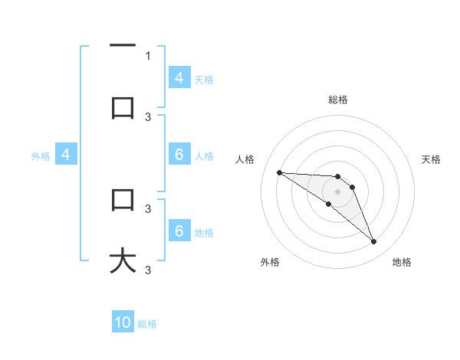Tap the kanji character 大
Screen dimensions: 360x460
click(x=123, y=260)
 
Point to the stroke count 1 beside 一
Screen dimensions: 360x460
click(x=148, y=55)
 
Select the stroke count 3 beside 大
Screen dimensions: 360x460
click(x=148, y=270)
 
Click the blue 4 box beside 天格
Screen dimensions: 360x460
click(x=179, y=77)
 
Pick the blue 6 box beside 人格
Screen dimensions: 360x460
click(x=179, y=154)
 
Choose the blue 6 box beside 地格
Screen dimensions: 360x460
click(x=179, y=231)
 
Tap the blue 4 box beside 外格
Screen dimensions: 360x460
click(x=66, y=155)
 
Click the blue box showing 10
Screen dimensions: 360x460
click(x=123, y=322)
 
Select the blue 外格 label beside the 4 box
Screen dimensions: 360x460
click(x=41, y=155)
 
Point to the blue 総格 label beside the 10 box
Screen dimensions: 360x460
click(x=147, y=324)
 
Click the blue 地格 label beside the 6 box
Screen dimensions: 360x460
click(x=204, y=232)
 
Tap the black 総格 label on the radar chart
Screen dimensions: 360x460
click(x=338, y=100)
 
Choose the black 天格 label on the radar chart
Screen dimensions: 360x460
click(x=432, y=159)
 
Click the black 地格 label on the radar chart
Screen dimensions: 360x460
click(x=402, y=262)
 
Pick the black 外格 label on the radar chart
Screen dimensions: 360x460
click(x=270, y=262)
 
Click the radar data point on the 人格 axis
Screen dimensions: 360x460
click(x=279, y=172)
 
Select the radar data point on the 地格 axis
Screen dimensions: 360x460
click(x=373, y=242)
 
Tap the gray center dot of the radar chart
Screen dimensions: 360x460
click(x=337, y=191)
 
